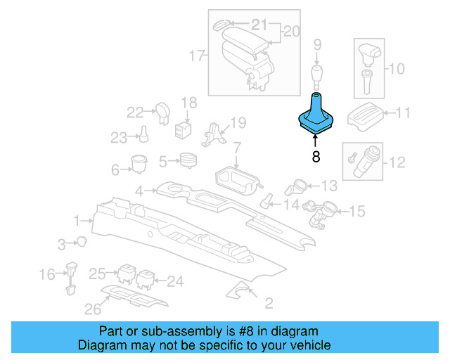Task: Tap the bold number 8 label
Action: (316, 157)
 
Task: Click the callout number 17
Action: (196, 54)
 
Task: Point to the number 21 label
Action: (259, 26)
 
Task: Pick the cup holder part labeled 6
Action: (139, 164)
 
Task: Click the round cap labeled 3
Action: (82, 242)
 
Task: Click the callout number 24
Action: (174, 281)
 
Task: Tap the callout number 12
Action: (397, 162)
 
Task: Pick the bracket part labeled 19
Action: (213, 135)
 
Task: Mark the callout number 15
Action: (357, 210)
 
